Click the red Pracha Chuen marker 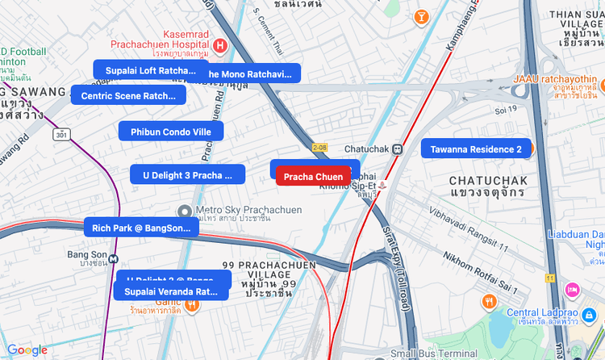[x=313, y=177]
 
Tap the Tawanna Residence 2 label [x=475, y=149]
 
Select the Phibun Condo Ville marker [x=170, y=131]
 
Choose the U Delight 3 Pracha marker [x=186, y=174]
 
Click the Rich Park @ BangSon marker [x=140, y=227]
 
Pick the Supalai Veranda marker [x=171, y=291]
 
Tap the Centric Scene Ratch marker [x=128, y=95]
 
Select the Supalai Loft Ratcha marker [x=151, y=70]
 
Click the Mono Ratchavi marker [x=253, y=73]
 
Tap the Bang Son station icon [x=115, y=259]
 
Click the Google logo [x=27, y=350]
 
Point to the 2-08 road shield [x=320, y=148]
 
